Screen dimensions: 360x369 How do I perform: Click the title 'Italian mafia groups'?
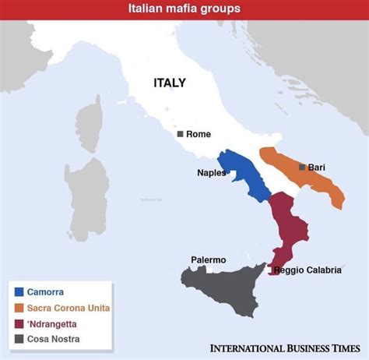[184, 9]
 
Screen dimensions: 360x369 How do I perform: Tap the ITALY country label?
[170, 83]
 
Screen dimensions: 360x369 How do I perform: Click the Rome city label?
[199, 134]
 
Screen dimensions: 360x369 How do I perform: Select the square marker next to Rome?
[181, 134]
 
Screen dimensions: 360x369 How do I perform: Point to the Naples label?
[210, 173]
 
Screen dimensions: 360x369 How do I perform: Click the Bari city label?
[317, 167]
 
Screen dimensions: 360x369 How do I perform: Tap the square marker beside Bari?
[302, 167]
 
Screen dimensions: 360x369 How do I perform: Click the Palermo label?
[208, 259]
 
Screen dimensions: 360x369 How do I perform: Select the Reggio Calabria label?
[307, 270]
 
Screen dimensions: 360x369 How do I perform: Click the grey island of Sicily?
[226, 284]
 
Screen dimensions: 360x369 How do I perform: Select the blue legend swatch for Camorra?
[19, 291]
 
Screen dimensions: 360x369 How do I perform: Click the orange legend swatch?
[19, 307]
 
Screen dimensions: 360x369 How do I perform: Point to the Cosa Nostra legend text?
[54, 338]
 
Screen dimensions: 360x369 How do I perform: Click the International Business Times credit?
[286, 348]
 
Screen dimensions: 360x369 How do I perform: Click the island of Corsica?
[90, 124]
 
